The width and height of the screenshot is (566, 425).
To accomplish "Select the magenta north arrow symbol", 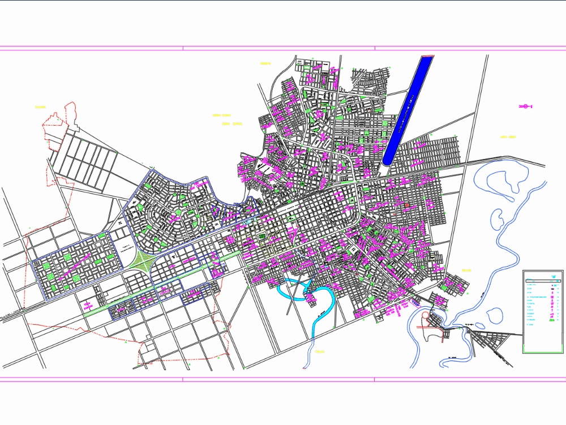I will pyautogui.click(x=525, y=106).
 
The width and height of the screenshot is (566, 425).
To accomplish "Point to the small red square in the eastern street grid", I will pyautogui.click(x=406, y=205).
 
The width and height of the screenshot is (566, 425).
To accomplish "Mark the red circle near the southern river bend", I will pyautogui.click(x=425, y=315).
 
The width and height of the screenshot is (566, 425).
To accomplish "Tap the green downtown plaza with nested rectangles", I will pyautogui.click(x=262, y=237).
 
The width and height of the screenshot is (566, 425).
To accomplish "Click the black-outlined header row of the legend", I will pyautogui.click(x=542, y=280).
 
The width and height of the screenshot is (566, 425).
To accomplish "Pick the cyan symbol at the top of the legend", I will pyautogui.click(x=552, y=276).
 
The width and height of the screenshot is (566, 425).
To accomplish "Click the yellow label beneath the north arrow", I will pyautogui.click(x=508, y=137).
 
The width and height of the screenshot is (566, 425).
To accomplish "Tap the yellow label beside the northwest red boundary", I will pyautogui.click(x=40, y=107).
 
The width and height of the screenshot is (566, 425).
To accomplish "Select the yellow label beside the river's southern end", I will pyautogui.click(x=320, y=352).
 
